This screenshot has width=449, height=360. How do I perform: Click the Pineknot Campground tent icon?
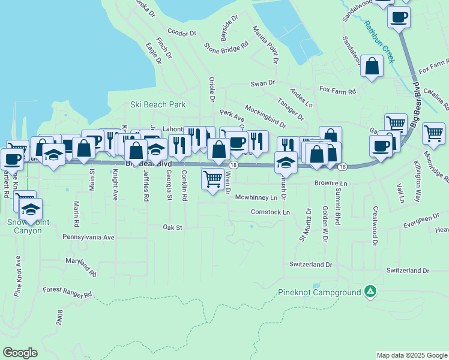(x=371, y=292)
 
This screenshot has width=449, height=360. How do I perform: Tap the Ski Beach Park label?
(x=158, y=104)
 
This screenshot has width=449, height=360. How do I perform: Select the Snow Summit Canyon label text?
(x=24, y=226)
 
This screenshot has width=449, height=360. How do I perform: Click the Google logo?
(x=20, y=353)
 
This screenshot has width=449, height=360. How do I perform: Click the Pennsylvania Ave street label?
(x=88, y=237)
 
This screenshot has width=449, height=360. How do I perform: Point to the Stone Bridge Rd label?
(x=226, y=45)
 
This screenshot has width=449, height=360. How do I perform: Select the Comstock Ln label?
(x=270, y=212)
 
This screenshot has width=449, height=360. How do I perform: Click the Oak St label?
(x=172, y=227)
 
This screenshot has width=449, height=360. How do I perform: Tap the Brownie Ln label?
(x=331, y=182)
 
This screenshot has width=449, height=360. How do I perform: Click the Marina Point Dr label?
(x=265, y=44)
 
